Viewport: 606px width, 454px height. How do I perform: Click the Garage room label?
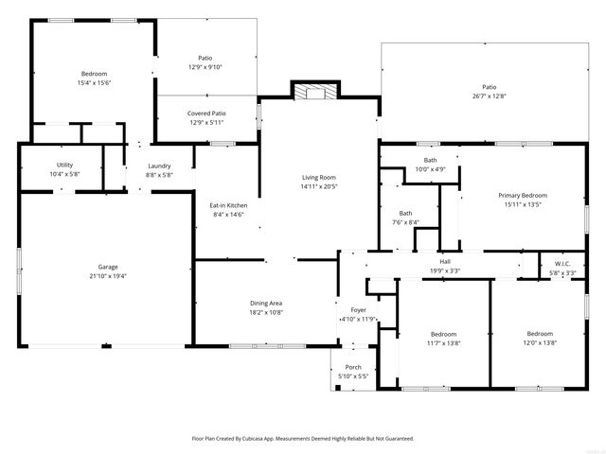point(108,267)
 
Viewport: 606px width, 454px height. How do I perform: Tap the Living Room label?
point(319,177)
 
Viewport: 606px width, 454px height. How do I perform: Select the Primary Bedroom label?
point(523,195)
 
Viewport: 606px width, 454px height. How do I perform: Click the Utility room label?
point(64,165)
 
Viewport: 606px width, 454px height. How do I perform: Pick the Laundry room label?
point(159,166)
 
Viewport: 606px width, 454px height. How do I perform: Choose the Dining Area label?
point(266,303)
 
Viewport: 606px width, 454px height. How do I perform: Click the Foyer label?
point(358,309)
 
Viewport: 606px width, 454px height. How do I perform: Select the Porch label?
point(353,367)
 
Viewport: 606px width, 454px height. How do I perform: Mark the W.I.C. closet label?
point(562,264)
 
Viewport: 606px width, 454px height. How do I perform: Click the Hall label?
point(444,262)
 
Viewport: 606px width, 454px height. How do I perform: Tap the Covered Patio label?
point(205,113)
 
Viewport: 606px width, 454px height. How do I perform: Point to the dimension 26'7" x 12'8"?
point(489,96)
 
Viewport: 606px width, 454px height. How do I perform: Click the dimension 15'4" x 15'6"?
point(94,83)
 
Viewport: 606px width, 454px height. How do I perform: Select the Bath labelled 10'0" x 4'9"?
point(431,169)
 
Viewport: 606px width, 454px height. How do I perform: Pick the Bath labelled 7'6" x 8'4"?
point(405,222)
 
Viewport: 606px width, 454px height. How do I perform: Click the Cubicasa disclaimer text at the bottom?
point(303,438)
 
